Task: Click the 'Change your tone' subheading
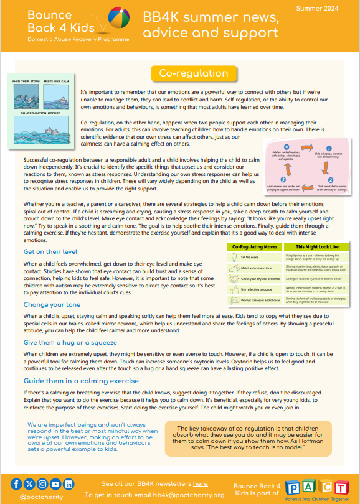[x=52, y=304]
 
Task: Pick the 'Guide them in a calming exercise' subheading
[x=81, y=380]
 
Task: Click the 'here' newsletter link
[x=200, y=483]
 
